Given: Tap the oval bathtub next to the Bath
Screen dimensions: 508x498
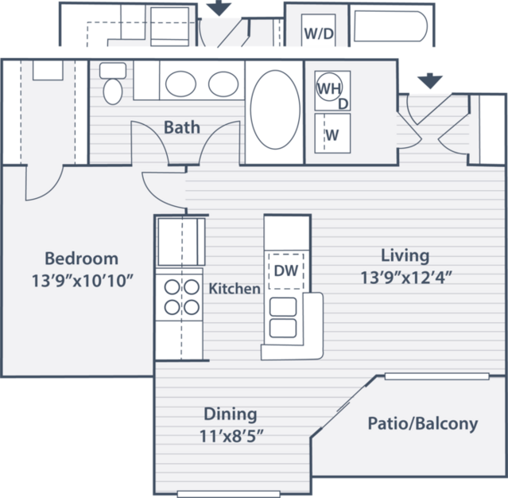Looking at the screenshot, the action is tap(275, 110).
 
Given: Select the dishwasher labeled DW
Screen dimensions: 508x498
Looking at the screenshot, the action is tap(285, 270).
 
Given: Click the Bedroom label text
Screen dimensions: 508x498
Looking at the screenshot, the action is tap(81, 259).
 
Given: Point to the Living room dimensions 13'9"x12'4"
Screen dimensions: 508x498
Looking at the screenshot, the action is tap(406, 278).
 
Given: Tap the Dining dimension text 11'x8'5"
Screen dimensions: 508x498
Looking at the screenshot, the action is tap(231, 436).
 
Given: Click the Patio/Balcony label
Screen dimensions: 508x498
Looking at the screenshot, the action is tap(423, 424).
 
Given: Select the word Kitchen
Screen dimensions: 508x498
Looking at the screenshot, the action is tap(235, 289).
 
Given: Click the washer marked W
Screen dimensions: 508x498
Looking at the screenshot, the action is tap(332, 133).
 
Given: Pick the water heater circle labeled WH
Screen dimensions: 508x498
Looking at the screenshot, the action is tap(329, 87).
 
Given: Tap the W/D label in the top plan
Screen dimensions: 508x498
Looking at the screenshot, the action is tap(319, 33).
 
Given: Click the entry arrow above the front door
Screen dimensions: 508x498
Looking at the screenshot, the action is tap(429, 81).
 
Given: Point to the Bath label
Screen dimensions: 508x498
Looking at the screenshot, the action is tap(182, 127).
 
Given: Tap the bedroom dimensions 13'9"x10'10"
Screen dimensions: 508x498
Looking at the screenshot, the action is tap(83, 281).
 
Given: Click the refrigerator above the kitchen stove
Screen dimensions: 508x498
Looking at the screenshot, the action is tap(181, 242).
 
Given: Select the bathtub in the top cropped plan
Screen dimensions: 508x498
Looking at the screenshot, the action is tap(390, 26).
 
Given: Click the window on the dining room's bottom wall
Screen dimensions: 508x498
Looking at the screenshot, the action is tap(228, 495).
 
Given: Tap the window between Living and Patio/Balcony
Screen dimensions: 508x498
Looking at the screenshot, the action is tap(436, 376).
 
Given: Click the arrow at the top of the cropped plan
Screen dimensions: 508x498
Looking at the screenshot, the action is tap(219, 8).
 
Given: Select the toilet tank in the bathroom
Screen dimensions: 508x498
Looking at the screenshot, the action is tap(113, 71).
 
